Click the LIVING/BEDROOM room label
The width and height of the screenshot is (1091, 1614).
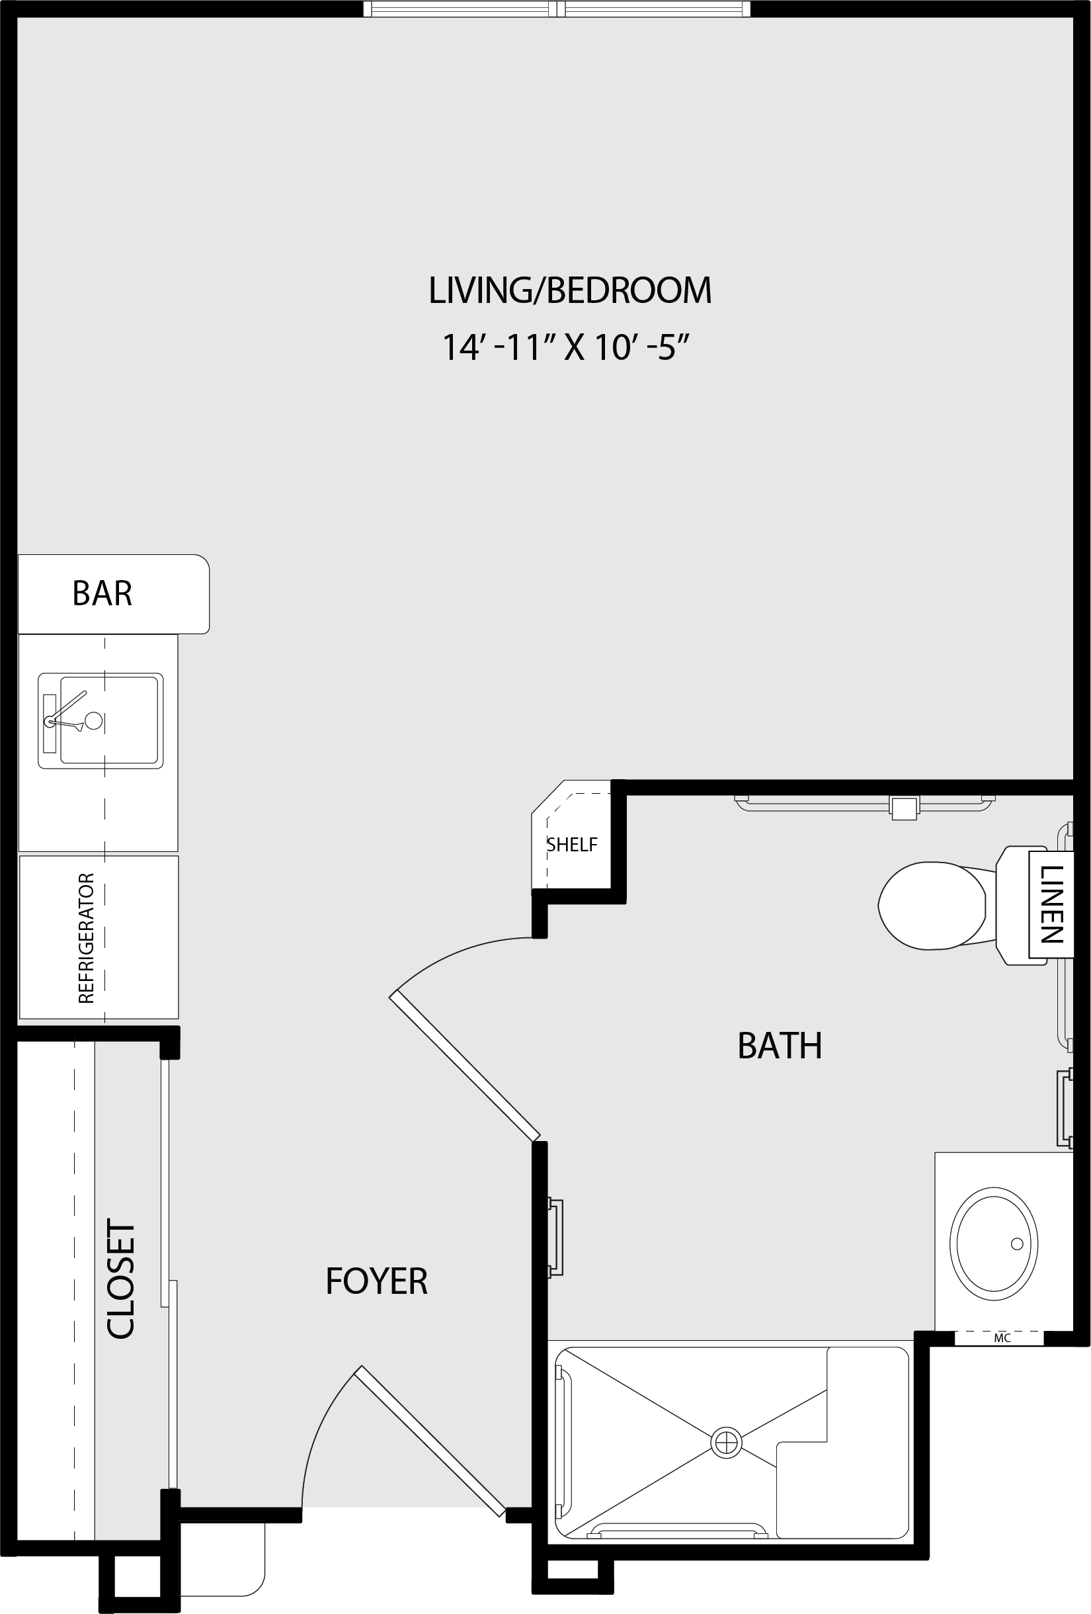pos(570,290)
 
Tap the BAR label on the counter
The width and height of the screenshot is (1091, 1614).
pos(102,593)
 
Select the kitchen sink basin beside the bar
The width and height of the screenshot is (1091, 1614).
pos(101,720)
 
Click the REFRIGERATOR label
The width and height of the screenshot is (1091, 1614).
pos(86,937)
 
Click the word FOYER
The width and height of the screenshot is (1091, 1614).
pos(376,1281)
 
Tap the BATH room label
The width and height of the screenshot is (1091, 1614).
pos(780,1046)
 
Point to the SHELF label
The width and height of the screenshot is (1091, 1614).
pos(572,845)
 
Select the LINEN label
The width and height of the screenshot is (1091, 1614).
pos(1051,904)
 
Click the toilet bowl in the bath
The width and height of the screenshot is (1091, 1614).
pos(932,906)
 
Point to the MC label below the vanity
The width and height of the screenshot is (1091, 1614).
pos(1002,1338)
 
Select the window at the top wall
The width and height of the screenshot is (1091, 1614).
pos(557,9)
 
